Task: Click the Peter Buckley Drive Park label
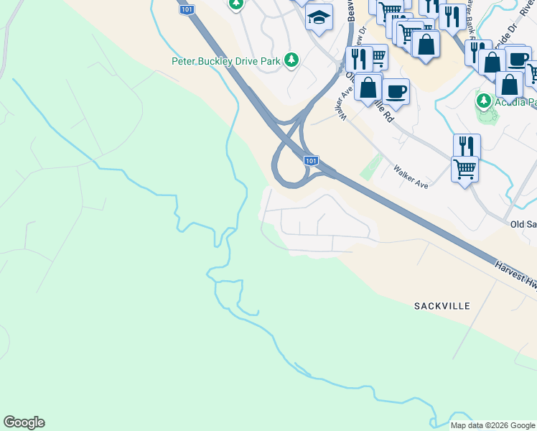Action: [225, 61]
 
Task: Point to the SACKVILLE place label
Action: [442, 306]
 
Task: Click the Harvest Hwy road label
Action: [515, 275]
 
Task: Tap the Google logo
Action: [24, 422]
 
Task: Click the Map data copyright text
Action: [492, 425]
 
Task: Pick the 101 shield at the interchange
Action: [311, 161]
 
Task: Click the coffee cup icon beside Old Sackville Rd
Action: [395, 91]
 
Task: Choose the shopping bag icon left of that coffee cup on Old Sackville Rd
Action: [368, 88]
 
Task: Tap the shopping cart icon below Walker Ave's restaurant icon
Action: [464, 170]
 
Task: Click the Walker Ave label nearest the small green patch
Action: [411, 177]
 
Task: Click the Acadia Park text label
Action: [516, 102]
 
